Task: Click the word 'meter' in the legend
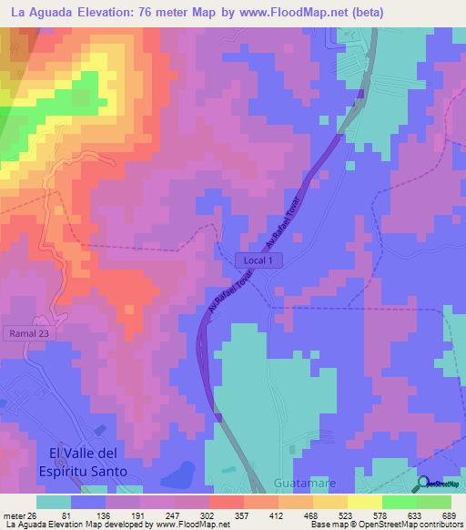pyautogui.click(x=14, y=516)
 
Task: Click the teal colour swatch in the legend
pyautogui.click(x=53, y=502)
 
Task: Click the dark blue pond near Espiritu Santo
pyautogui.click(x=180, y=473)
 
